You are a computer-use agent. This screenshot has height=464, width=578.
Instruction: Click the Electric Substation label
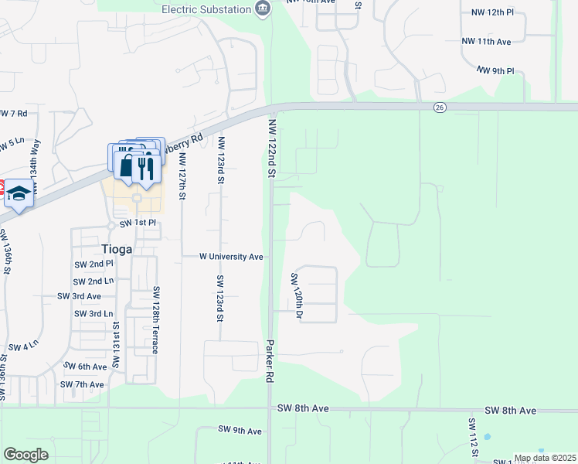click(x=206, y=9)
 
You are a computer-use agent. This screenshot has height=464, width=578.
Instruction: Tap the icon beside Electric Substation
click(x=263, y=9)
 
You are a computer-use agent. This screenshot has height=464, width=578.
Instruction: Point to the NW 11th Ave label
click(x=486, y=41)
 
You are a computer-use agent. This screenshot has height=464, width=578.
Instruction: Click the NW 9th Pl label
click(x=495, y=70)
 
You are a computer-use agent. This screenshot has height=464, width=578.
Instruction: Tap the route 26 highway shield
click(x=440, y=107)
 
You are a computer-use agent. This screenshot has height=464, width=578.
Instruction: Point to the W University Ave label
click(x=232, y=256)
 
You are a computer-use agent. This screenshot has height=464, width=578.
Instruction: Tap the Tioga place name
click(x=117, y=249)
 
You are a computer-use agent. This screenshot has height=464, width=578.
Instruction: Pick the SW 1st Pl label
click(x=138, y=223)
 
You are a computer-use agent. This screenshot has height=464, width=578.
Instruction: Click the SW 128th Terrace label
click(x=155, y=320)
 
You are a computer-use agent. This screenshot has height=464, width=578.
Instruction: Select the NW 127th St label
click(x=182, y=176)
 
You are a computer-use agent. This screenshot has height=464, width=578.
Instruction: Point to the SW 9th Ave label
click(x=240, y=431)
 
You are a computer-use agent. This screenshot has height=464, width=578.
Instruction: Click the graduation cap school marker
click(x=19, y=195)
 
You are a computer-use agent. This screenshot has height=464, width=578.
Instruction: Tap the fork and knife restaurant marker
click(x=145, y=167)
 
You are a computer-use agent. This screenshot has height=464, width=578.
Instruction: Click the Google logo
click(x=26, y=455)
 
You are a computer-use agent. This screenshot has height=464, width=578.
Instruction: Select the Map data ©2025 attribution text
click(x=545, y=458)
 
